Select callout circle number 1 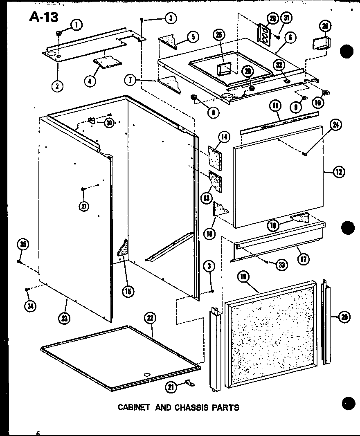pyautogui.click(x=76, y=25)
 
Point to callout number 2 pyautogui.click(x=57, y=85)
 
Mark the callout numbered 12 pyautogui.click(x=339, y=172)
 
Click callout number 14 pyautogui.click(x=225, y=137)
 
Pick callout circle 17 pyautogui.click(x=303, y=258)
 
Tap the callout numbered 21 pyautogui.click(x=172, y=386)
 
